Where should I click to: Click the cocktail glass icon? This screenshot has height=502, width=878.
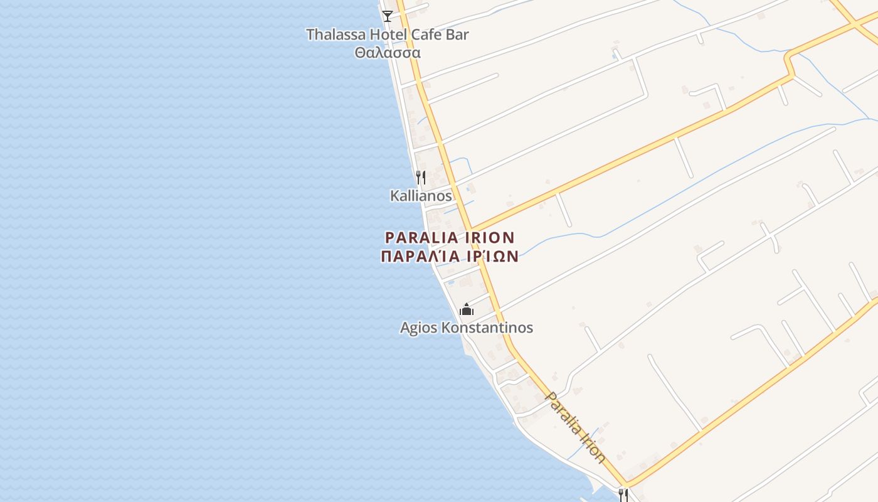coord(388,16)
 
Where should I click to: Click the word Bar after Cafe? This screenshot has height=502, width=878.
coord(457,35)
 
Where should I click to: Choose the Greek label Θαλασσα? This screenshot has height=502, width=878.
coord(388,53)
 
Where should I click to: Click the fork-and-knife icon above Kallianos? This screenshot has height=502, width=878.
coord(421,178)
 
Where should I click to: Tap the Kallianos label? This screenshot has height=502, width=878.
coord(421,196)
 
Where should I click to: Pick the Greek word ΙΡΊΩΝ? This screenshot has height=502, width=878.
coord(491,256)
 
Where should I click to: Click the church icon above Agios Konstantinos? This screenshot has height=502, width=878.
coord(467,309)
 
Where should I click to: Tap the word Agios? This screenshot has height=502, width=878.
coord(419,328)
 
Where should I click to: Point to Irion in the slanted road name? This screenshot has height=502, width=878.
coord(594,451)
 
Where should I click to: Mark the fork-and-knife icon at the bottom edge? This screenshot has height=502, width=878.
coord(623,495)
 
